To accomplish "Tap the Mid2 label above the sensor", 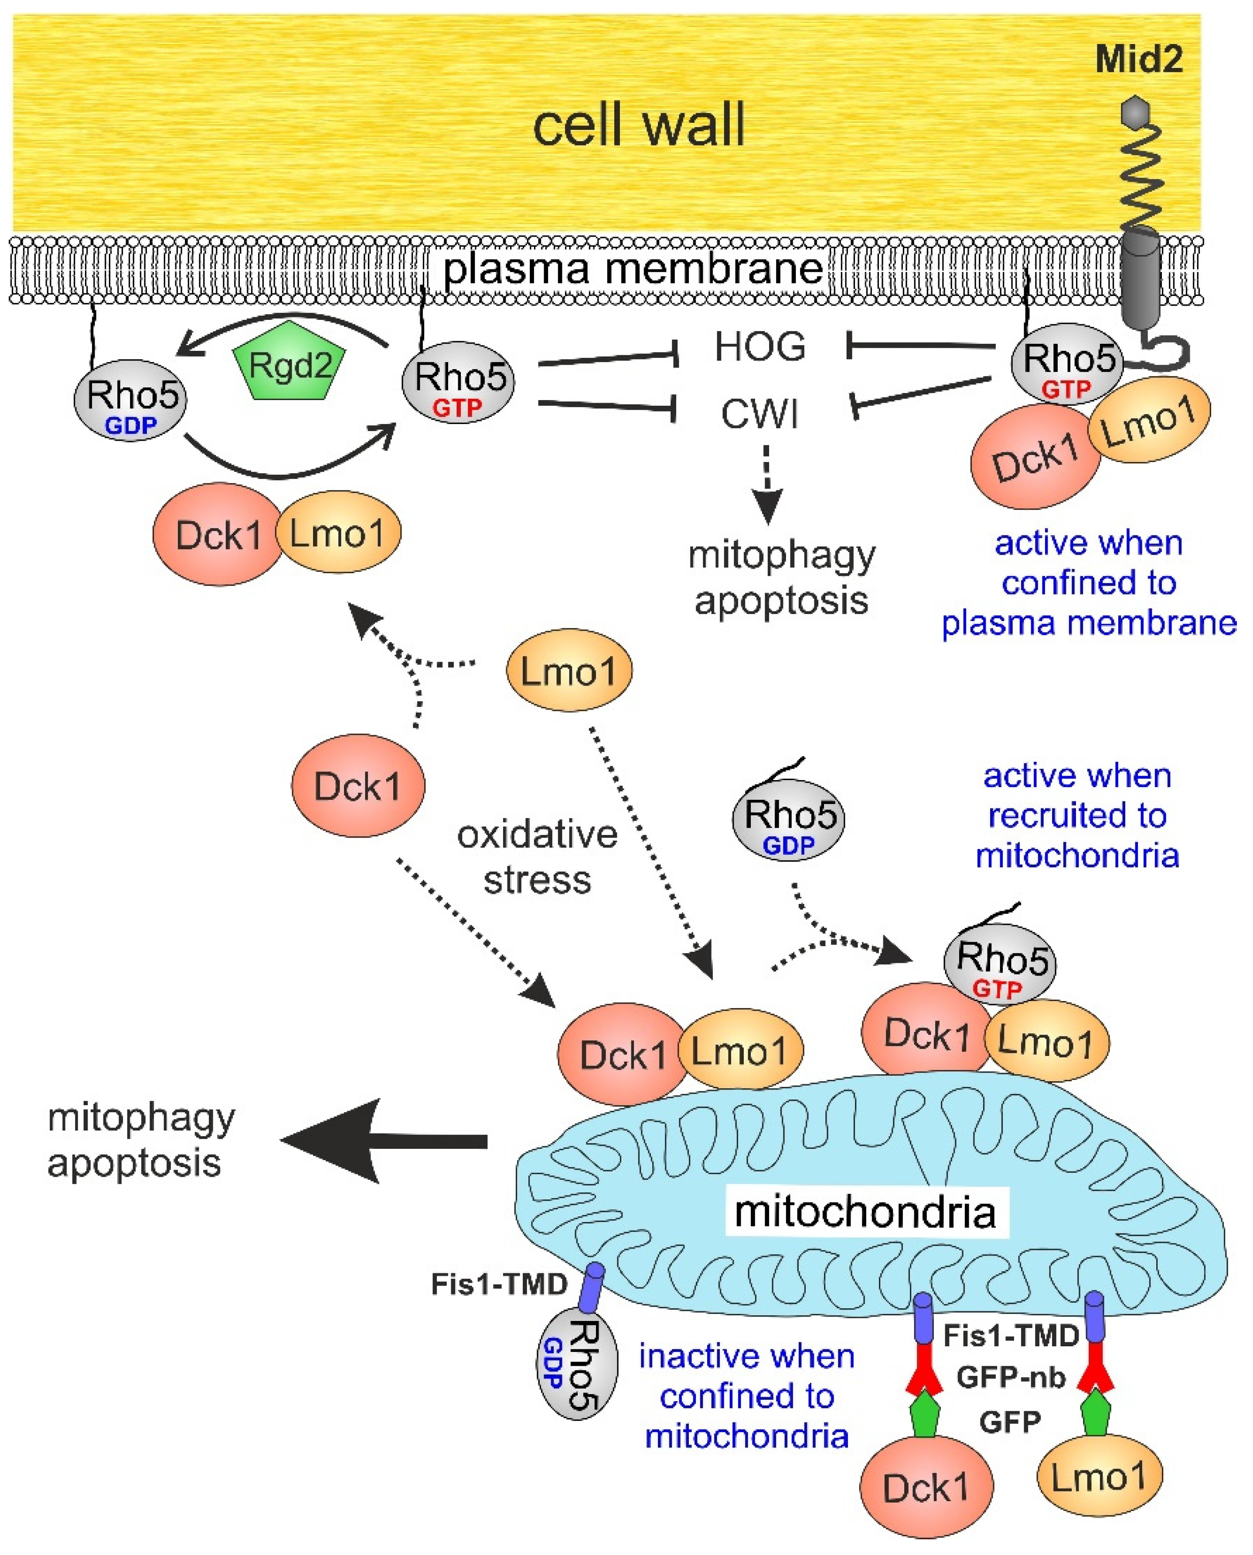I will (x=1139, y=59).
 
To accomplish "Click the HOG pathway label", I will (x=759, y=347).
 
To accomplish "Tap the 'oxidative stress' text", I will (x=538, y=857).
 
